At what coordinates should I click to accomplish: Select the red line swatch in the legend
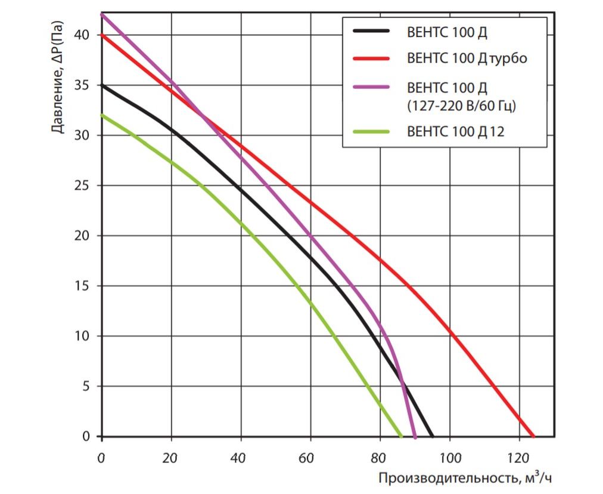[371, 58]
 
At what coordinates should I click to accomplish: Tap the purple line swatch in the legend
[371, 88]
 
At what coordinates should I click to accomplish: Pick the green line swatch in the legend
[371, 131]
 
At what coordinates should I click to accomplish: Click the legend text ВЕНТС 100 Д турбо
[467, 58]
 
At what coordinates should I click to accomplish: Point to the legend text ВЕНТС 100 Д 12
[455, 131]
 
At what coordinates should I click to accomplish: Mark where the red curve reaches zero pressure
[533, 436]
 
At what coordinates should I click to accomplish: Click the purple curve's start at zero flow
[101, 14]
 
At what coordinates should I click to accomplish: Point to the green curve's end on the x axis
[401, 436]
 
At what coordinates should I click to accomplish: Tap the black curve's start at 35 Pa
[101, 85]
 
